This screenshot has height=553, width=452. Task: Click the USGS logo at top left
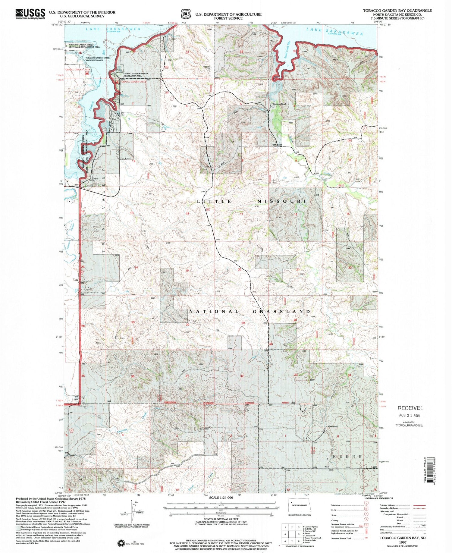click(x=30, y=14)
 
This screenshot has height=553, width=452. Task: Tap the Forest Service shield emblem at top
click(x=186, y=14)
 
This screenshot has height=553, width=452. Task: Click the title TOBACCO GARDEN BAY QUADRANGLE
click(x=397, y=11)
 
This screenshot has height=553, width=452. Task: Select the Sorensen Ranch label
click(x=279, y=104)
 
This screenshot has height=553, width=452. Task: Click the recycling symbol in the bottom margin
click(x=121, y=543)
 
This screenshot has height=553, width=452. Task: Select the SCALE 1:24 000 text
click(x=221, y=498)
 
